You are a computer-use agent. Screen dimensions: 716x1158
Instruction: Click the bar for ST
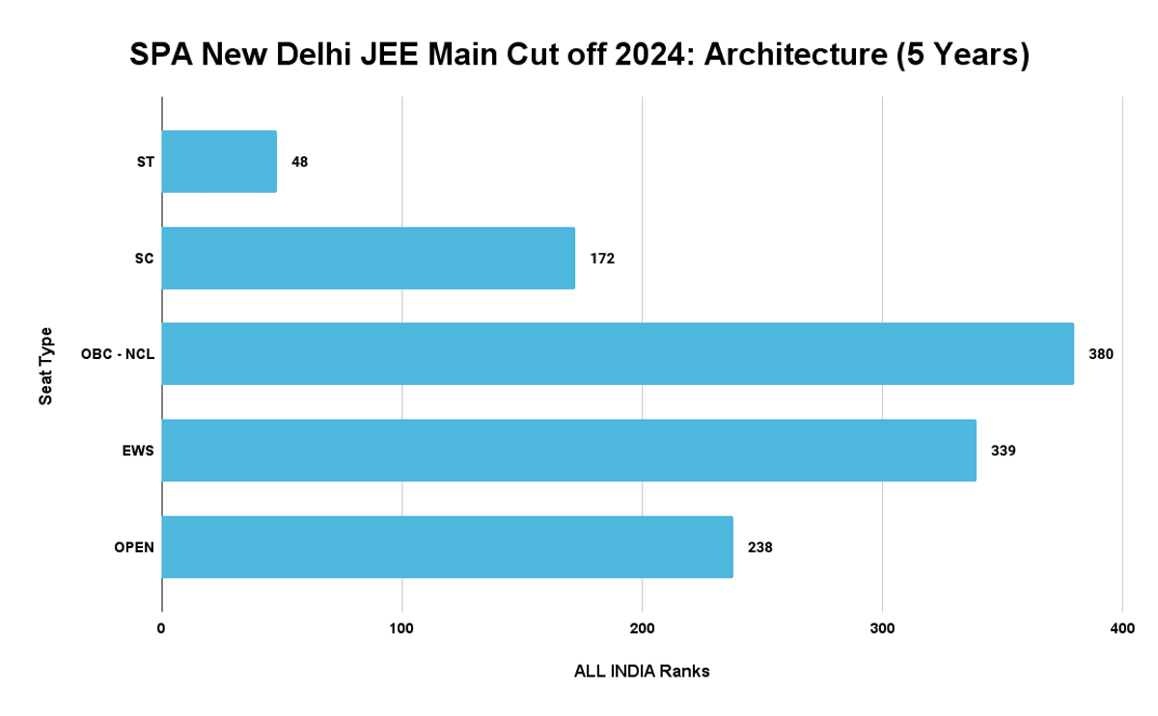[219, 161]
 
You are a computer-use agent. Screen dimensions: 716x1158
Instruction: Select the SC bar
[368, 258]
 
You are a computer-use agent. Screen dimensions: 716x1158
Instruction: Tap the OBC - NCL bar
[618, 354]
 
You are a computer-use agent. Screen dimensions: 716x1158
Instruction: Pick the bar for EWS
[568, 451]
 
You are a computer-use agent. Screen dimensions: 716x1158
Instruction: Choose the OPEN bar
[447, 547]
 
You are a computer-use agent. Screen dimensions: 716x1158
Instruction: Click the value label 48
[300, 161]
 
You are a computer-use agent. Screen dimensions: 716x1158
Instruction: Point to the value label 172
[601, 258]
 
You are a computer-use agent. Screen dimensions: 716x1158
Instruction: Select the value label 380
[1100, 354]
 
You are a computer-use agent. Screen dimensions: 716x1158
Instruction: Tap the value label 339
[1003, 451]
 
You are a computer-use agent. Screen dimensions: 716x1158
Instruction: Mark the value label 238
[759, 547]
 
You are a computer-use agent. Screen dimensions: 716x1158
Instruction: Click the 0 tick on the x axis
[161, 628]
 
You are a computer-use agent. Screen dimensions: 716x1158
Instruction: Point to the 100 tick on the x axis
[401, 628]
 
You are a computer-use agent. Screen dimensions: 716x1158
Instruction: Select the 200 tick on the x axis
[642, 628]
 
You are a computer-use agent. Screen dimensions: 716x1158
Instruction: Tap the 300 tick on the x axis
[882, 628]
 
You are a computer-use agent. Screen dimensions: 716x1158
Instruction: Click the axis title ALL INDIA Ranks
[642, 671]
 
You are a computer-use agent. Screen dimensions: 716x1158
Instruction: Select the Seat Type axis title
[46, 367]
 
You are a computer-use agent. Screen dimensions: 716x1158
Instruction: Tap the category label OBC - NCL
[118, 354]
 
